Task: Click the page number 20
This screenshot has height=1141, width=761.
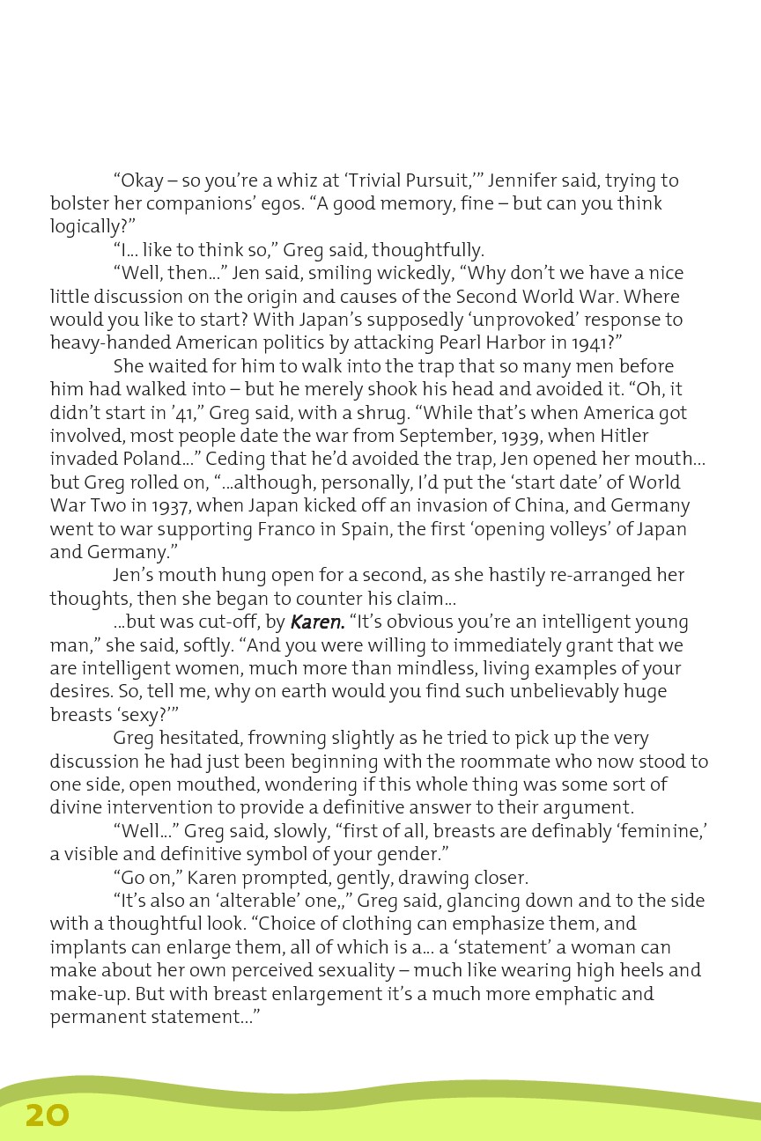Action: pyautogui.click(x=47, y=1115)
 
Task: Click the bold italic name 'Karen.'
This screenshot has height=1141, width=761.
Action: pyautogui.click(x=317, y=622)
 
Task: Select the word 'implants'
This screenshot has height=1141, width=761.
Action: pyautogui.click(x=87, y=947)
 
